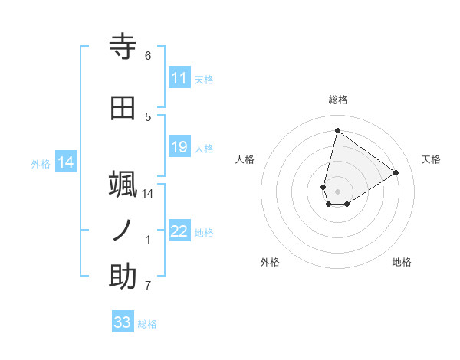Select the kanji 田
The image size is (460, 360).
(123, 108)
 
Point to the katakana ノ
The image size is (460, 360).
(123, 231)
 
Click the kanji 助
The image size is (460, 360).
(123, 277)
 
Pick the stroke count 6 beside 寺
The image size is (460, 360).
(148, 56)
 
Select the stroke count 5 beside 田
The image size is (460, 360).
(148, 116)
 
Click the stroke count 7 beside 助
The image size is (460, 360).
(148, 286)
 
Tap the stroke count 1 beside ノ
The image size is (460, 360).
(148, 240)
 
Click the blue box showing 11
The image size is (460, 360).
(179, 78)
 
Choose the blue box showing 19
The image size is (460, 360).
(179, 147)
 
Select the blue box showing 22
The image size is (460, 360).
(179, 231)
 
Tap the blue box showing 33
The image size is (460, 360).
(123, 322)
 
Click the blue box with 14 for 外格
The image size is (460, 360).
(65, 162)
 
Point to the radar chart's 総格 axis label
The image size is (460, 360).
(337, 100)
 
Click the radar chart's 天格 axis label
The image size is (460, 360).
(432, 159)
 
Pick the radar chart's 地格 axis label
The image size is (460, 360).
(402, 262)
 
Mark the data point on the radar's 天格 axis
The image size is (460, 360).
(396, 172)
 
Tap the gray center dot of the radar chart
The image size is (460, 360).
(337, 191)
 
